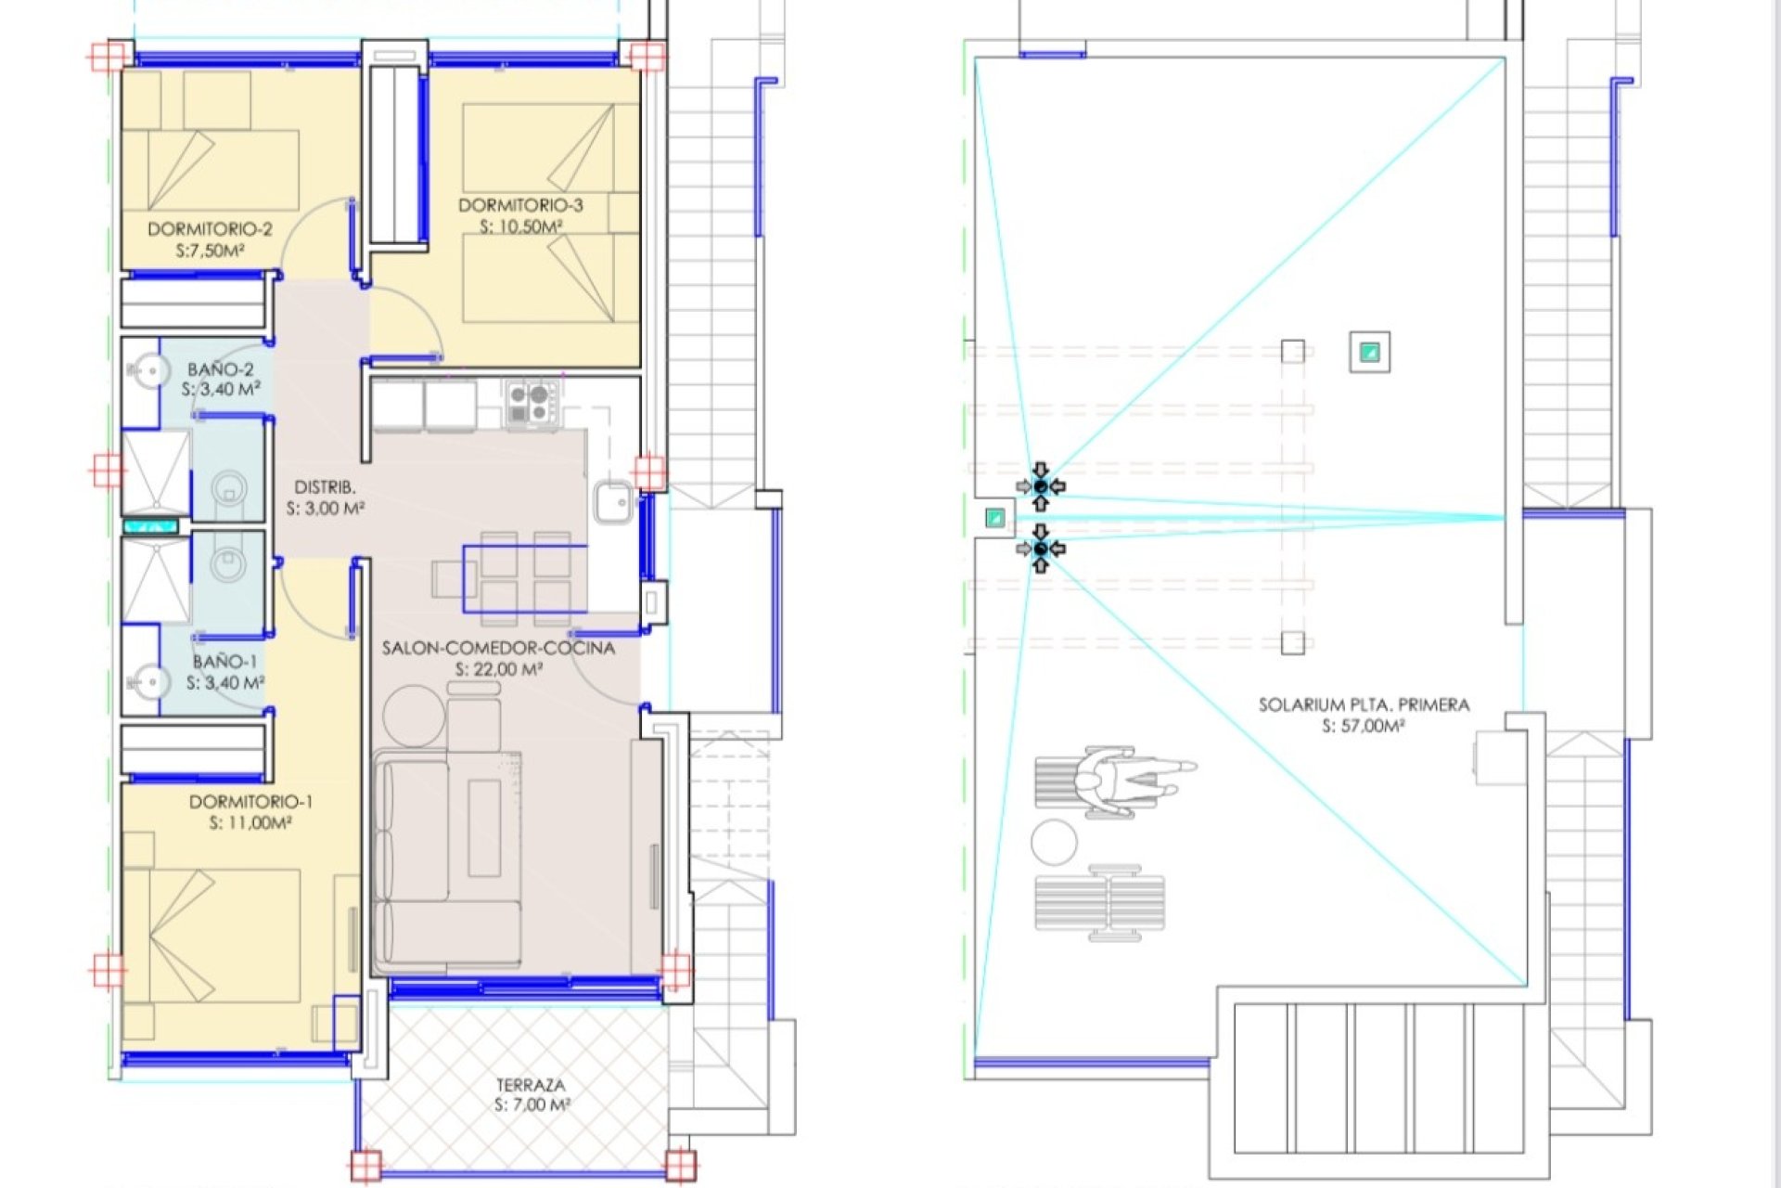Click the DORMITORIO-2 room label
point(210,228)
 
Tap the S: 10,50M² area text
point(520,226)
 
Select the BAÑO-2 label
point(220,368)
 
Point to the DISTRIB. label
point(325,486)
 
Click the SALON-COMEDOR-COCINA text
point(498,648)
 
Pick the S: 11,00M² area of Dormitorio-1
point(250,822)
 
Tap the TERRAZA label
point(530,1084)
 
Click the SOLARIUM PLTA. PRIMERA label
point(1364,704)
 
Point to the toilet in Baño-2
point(228,487)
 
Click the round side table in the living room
point(413,716)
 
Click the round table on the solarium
point(1054,843)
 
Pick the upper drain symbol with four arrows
point(1041,486)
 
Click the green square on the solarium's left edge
point(994,518)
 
